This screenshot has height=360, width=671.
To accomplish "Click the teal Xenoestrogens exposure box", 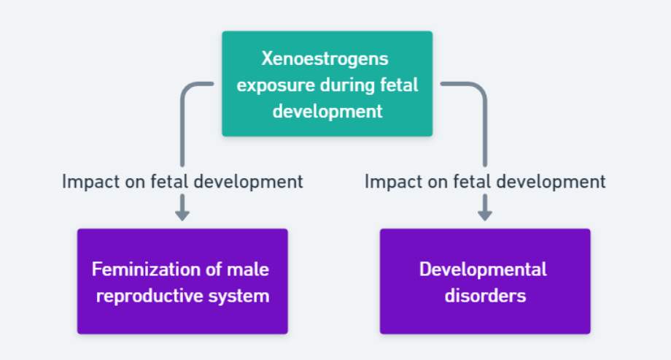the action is tap(327, 83).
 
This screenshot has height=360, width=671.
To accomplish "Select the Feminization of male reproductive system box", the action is tap(182, 281).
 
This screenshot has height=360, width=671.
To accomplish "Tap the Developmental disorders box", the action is tap(485, 281).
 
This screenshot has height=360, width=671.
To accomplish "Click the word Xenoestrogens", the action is tap(325, 58).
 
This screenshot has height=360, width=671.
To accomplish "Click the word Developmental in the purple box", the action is tap(483, 269).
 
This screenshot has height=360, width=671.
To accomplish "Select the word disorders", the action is tap(485, 296).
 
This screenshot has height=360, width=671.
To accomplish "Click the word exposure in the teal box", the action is tap(276, 85).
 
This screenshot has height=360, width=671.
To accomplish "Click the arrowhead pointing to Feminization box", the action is tap(182, 215).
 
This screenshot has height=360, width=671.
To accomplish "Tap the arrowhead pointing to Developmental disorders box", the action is tap(485, 215).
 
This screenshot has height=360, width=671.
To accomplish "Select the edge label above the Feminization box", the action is tap(182, 181).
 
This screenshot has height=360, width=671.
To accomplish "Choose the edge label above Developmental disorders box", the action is tap(485, 181).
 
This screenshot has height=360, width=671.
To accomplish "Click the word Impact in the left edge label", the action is tap(90, 182).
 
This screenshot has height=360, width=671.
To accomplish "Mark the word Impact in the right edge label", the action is tap(393, 182).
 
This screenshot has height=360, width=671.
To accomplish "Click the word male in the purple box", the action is tap(248, 269).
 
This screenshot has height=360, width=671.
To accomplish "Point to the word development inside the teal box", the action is tap(327, 112).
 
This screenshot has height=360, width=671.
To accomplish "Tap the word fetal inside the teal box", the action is tap(399, 85).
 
